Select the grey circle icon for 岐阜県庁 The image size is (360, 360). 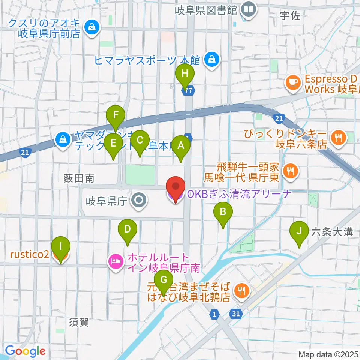[x=139, y=201]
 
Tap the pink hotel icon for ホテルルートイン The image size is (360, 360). [x=115, y=260]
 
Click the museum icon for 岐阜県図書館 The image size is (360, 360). [x=248, y=8]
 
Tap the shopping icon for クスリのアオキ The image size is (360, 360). [x=91, y=27]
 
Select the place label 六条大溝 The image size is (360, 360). [x=332, y=232]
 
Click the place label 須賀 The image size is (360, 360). [x=79, y=322]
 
